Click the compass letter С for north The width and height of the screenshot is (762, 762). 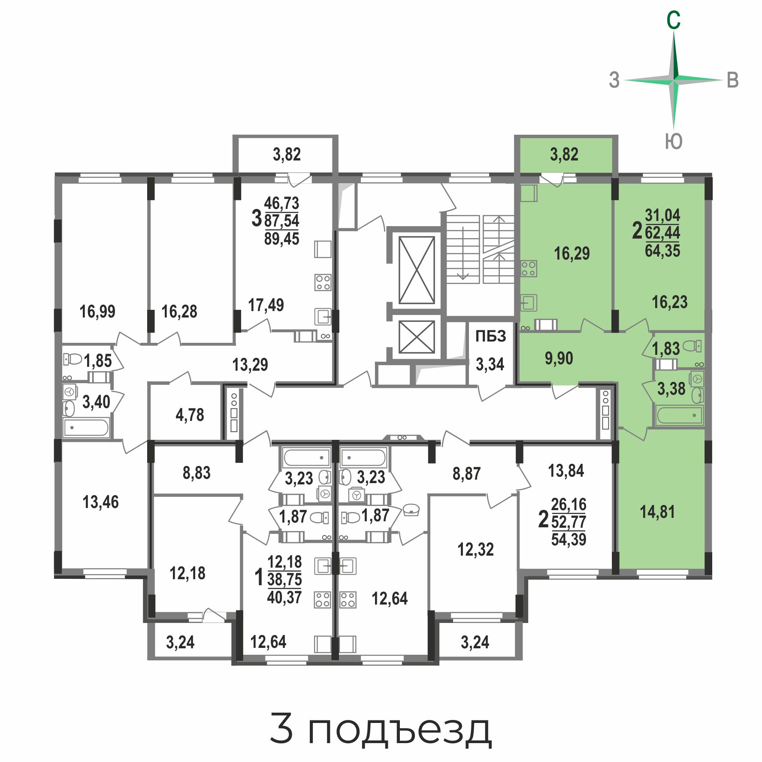pyautogui.click(x=673, y=20)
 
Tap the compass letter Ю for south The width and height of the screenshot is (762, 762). pyautogui.click(x=674, y=141)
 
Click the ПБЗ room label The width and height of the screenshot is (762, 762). pyautogui.click(x=490, y=336)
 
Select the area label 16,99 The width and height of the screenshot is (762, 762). pyautogui.click(x=97, y=311)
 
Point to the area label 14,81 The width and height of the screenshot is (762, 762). pyautogui.click(x=657, y=512)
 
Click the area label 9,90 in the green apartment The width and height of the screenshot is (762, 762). pyautogui.click(x=559, y=358)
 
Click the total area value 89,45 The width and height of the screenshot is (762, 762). pyautogui.click(x=281, y=239)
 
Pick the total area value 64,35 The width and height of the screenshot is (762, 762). pyautogui.click(x=662, y=251)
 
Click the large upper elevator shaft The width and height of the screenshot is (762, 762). pyautogui.click(x=417, y=270)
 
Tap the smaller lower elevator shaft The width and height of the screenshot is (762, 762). pyautogui.click(x=417, y=337)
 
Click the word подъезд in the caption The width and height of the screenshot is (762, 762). pyautogui.click(x=399, y=730)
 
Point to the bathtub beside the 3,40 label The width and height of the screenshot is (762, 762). pyautogui.click(x=86, y=428)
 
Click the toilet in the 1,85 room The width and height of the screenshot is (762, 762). pyautogui.click(x=73, y=359)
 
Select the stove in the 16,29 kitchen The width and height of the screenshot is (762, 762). pyautogui.click(x=529, y=269)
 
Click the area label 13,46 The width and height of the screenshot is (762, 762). pyautogui.click(x=100, y=502)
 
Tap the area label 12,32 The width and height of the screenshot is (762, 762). pyautogui.click(x=475, y=550)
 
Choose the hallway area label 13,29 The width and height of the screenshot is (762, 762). pyautogui.click(x=250, y=365)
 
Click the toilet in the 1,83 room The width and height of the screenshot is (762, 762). pyautogui.click(x=692, y=346)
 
